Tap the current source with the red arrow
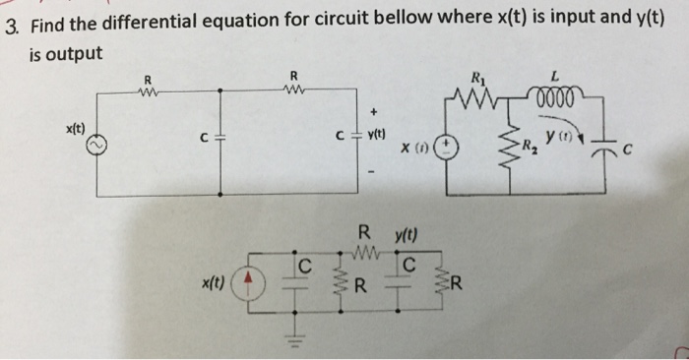click(251, 283)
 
